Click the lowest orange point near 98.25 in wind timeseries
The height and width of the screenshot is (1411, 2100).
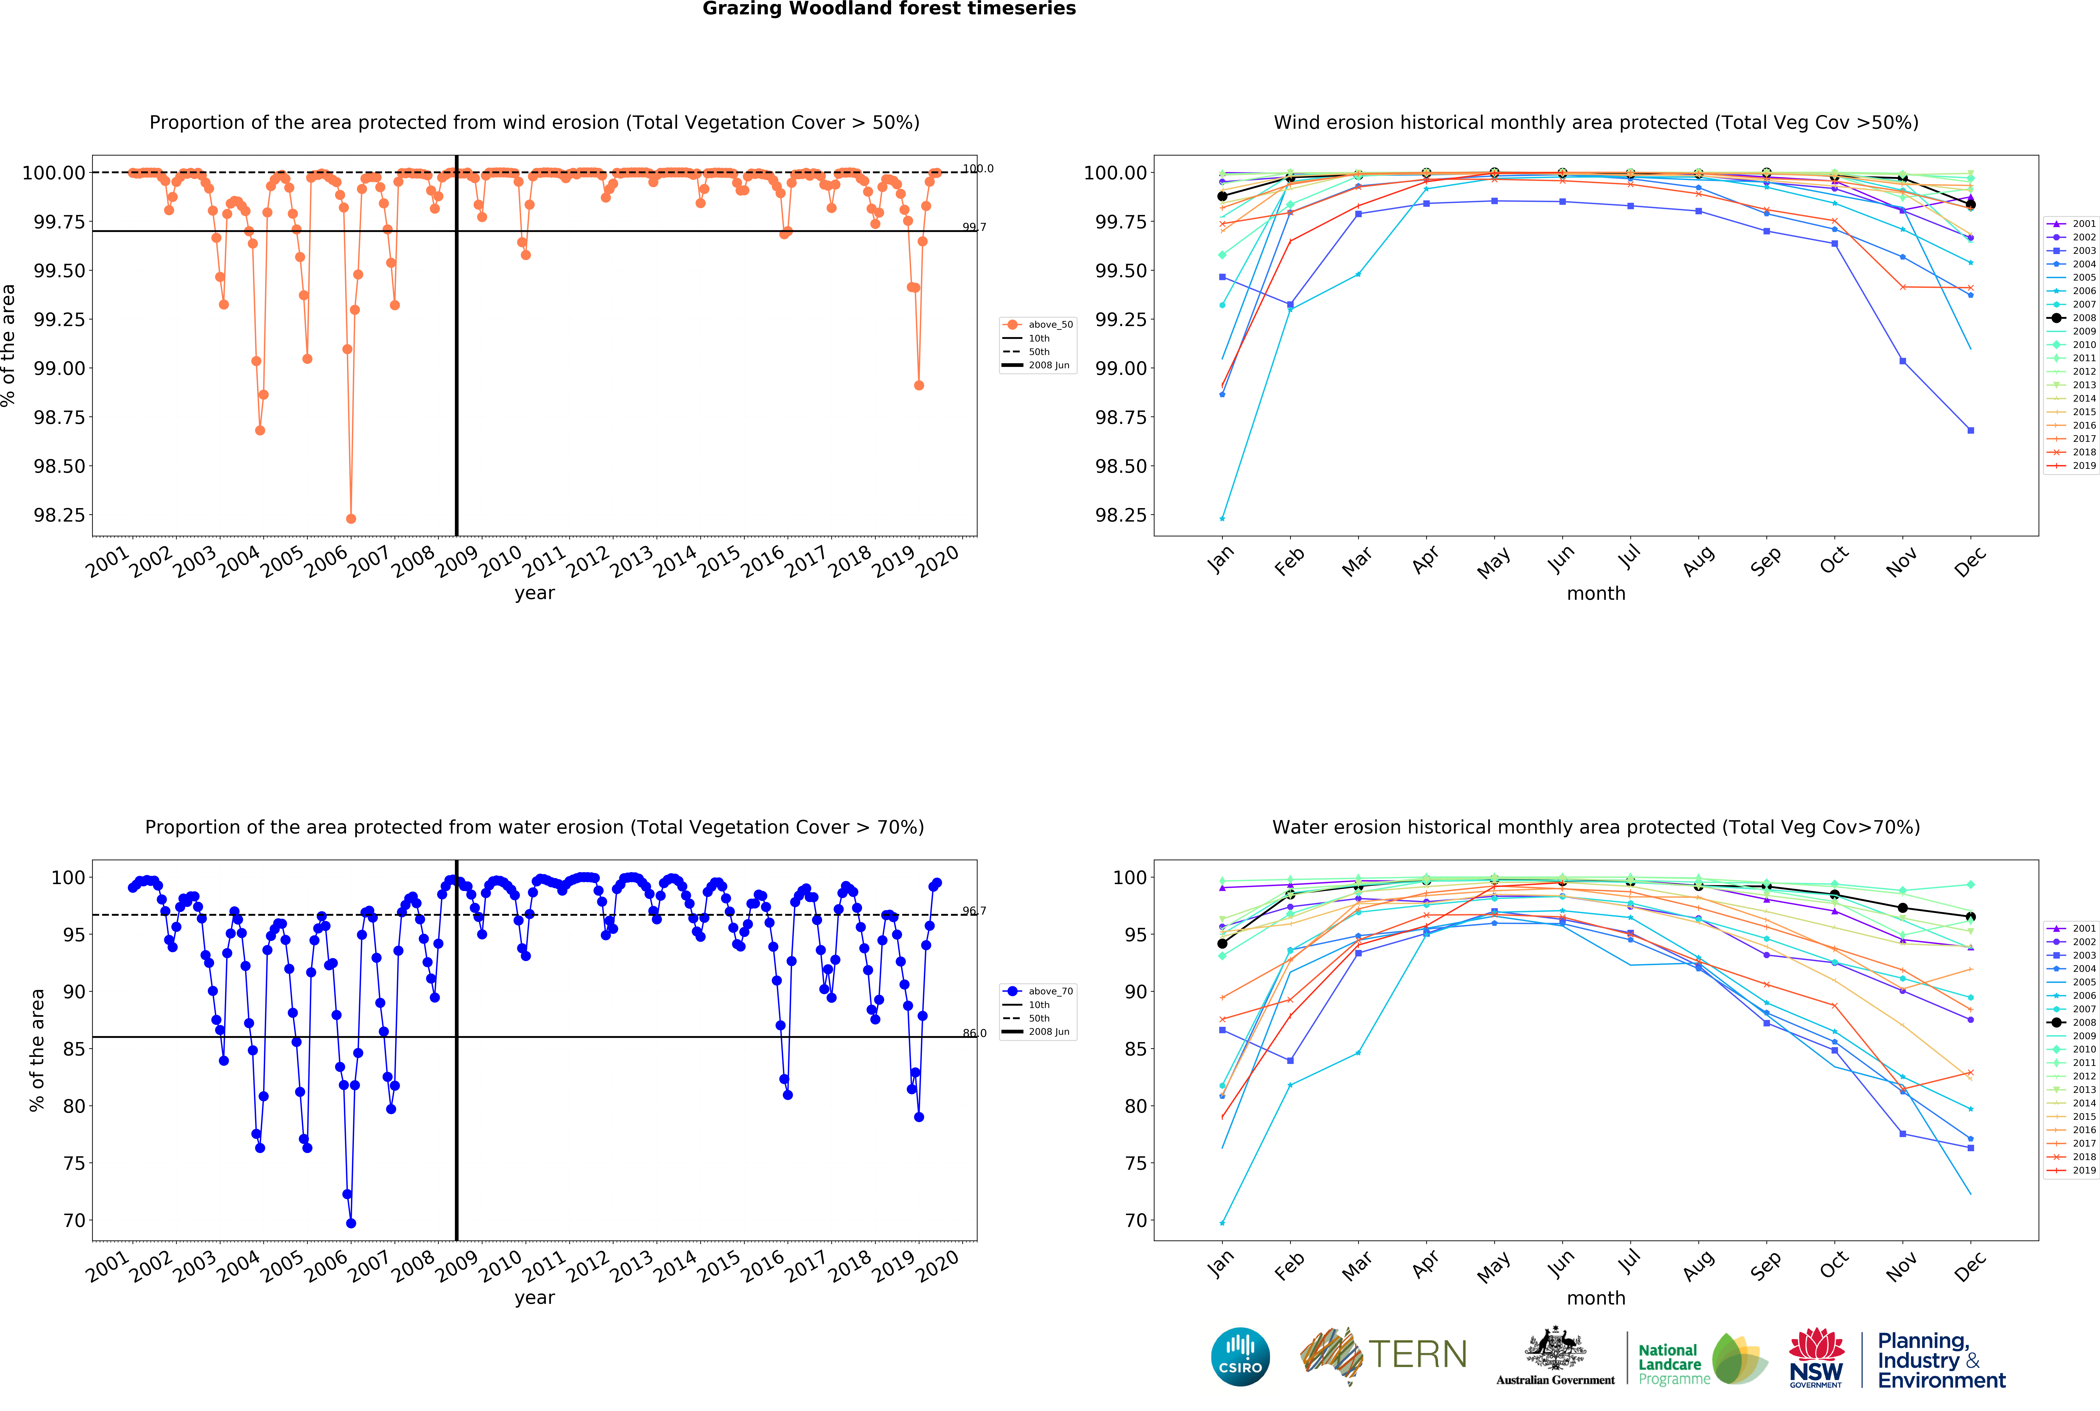coord(351,519)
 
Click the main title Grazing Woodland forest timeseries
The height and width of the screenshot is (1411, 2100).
coord(889,9)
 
